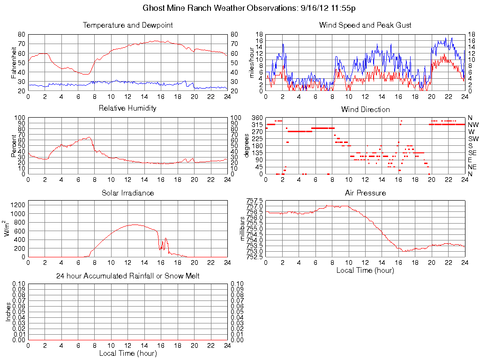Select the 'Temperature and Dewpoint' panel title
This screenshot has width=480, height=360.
(127, 25)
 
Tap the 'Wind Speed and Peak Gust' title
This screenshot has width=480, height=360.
(365, 25)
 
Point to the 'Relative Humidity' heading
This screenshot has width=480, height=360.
(127, 108)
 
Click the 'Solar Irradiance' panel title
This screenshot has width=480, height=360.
(127, 193)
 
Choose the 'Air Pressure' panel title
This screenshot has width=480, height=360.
(365, 193)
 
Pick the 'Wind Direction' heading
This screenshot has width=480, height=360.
(365, 109)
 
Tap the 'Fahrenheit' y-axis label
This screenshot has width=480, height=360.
(14, 62)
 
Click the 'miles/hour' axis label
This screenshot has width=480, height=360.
(251, 62)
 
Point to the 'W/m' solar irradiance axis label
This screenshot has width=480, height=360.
(8, 228)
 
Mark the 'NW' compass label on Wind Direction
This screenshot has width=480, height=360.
(473, 125)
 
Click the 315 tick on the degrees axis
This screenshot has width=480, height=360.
(256, 125)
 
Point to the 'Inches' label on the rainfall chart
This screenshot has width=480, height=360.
(8, 312)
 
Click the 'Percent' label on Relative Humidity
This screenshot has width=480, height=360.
(14, 145)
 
